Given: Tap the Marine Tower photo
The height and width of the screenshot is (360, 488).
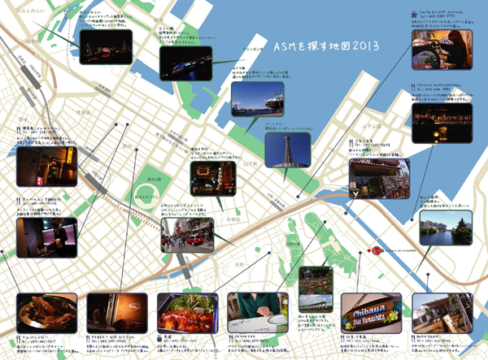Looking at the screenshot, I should coord(287,150).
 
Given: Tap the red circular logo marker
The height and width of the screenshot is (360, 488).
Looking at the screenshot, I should coord(376,250).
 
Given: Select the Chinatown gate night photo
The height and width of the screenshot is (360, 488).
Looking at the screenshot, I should coord(212,178).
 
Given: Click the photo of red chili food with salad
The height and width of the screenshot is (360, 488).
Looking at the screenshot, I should coord(185,314).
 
